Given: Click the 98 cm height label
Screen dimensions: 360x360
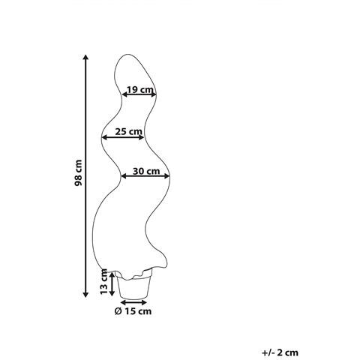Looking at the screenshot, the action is pos(78,172).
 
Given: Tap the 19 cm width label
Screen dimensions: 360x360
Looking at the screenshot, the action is pos(139,89).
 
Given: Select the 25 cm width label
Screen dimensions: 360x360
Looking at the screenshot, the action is pos(128,131).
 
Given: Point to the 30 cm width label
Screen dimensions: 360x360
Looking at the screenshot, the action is pos(146,171).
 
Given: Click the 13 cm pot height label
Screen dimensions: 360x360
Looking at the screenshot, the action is pos(103,282).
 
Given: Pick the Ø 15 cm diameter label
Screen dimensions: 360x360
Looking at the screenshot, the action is pos(133,311).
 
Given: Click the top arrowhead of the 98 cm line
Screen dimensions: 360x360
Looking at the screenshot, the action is pos(85,57).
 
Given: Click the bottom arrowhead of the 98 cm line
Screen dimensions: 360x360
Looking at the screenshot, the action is pos(85,295).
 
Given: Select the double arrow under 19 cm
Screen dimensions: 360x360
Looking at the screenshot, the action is pos(139,94).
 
